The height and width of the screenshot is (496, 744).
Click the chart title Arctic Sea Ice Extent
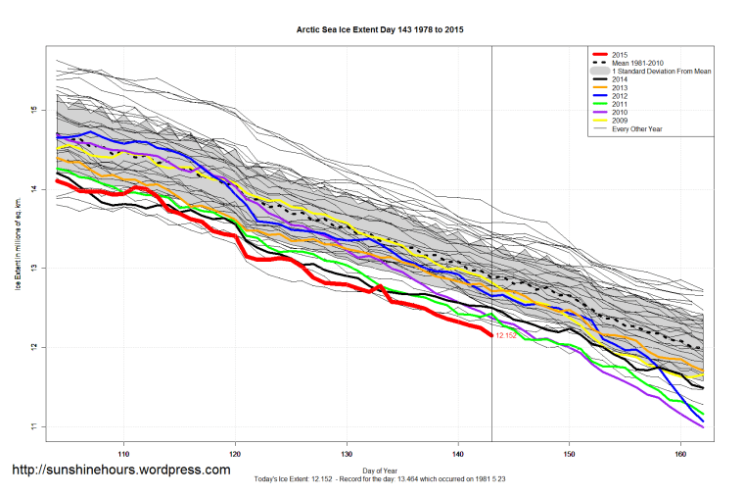tap(380, 30)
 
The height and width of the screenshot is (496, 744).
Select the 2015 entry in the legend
tap(617, 54)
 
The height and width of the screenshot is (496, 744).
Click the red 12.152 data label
tap(506, 336)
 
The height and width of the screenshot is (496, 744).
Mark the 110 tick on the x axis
tap(123, 455)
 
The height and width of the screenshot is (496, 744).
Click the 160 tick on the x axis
tap(680, 455)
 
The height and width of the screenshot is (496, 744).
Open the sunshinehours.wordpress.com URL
tap(121, 471)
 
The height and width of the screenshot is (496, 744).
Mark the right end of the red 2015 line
tap(490, 335)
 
